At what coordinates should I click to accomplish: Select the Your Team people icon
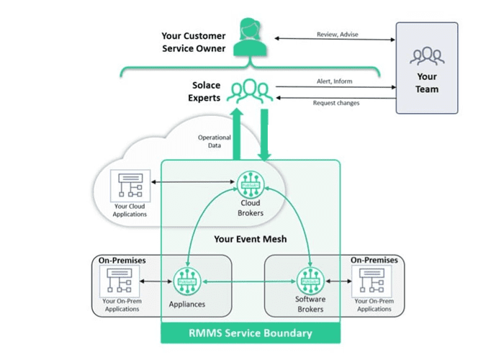coord(426,55)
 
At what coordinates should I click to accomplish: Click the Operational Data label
coord(214,141)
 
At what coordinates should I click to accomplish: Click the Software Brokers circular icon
coord(310,280)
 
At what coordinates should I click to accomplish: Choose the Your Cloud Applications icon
coord(130,187)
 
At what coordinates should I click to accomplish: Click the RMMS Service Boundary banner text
coord(251,333)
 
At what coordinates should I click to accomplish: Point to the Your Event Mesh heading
coord(251,238)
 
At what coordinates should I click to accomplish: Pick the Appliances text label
coord(187,305)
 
